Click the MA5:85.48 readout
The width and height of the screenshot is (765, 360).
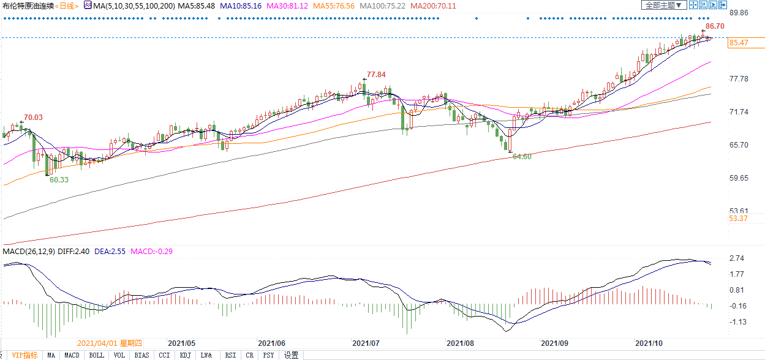[197, 6]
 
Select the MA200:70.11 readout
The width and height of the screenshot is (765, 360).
[433, 6]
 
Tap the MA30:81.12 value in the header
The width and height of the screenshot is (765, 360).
[287, 6]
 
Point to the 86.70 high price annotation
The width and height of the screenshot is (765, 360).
[715, 26]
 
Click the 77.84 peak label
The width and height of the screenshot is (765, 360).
[376, 75]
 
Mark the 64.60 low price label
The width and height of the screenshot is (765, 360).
[522, 157]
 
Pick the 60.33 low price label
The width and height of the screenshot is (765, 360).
[59, 180]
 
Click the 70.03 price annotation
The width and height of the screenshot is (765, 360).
[33, 118]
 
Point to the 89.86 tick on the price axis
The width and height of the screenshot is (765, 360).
[739, 13]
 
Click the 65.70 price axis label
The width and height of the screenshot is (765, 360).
[739, 145]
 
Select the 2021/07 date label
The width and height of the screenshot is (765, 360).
[366, 343]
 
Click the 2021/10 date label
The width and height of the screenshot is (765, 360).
[649, 343]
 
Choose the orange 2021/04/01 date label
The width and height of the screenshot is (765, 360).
[109, 343]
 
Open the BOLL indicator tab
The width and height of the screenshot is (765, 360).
[96, 355]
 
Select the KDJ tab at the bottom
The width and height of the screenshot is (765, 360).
[185, 355]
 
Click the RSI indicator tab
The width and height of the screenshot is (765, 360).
[230, 355]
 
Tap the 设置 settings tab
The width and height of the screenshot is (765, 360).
[292, 355]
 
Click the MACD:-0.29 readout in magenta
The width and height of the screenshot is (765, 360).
[152, 252]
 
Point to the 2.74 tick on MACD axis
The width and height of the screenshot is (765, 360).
[737, 258]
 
